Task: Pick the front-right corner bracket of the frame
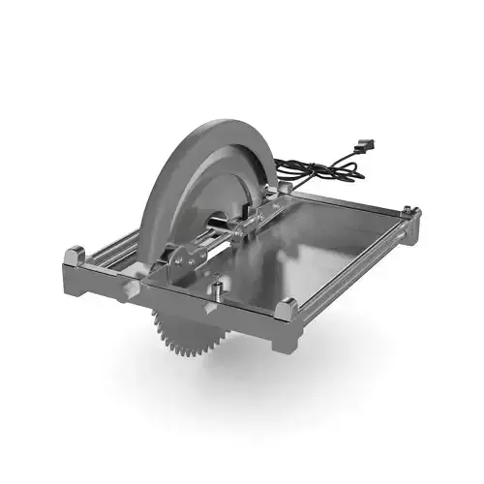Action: (287, 311)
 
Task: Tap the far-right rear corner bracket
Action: (409, 212)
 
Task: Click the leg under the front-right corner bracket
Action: (287, 337)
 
